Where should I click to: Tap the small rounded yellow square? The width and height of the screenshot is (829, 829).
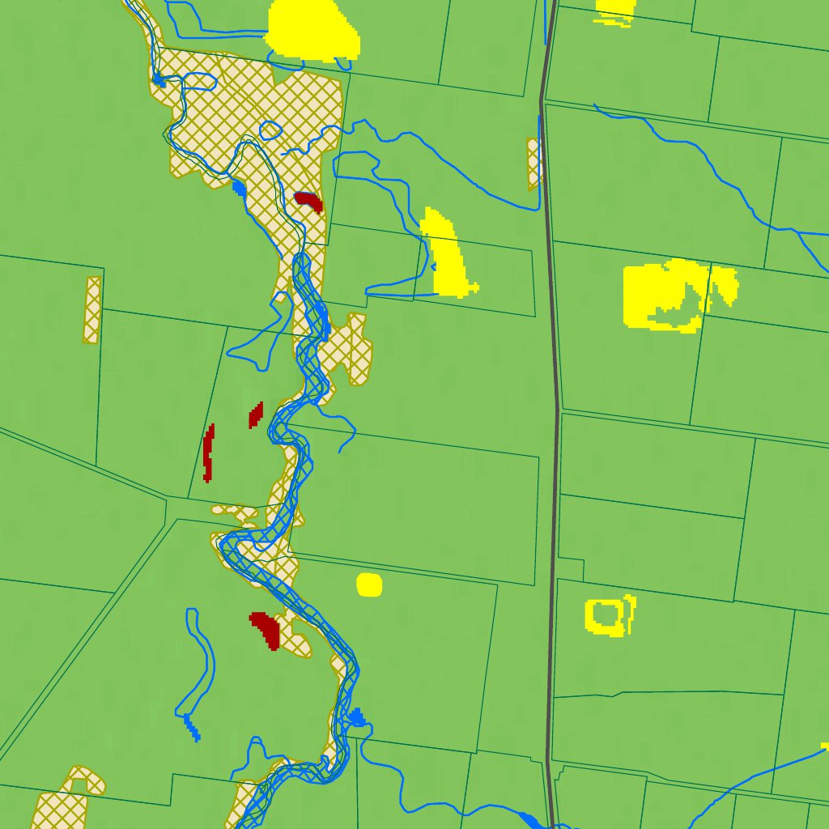click(x=368, y=585)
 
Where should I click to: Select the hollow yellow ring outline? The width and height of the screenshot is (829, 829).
click(x=589, y=619)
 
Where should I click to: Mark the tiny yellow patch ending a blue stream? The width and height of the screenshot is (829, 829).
click(x=825, y=746)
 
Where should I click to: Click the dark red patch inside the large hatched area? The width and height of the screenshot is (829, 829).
click(x=308, y=200)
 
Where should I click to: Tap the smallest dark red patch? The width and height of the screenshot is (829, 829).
click(x=256, y=414)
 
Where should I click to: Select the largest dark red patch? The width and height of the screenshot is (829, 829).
click(x=266, y=628)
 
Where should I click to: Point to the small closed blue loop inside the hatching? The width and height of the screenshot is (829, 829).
click(x=270, y=130)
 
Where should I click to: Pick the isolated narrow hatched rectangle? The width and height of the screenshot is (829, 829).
click(x=92, y=309)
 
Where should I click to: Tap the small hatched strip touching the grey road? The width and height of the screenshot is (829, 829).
click(x=533, y=163)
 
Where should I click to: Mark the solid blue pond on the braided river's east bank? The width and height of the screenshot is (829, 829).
click(x=356, y=716)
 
